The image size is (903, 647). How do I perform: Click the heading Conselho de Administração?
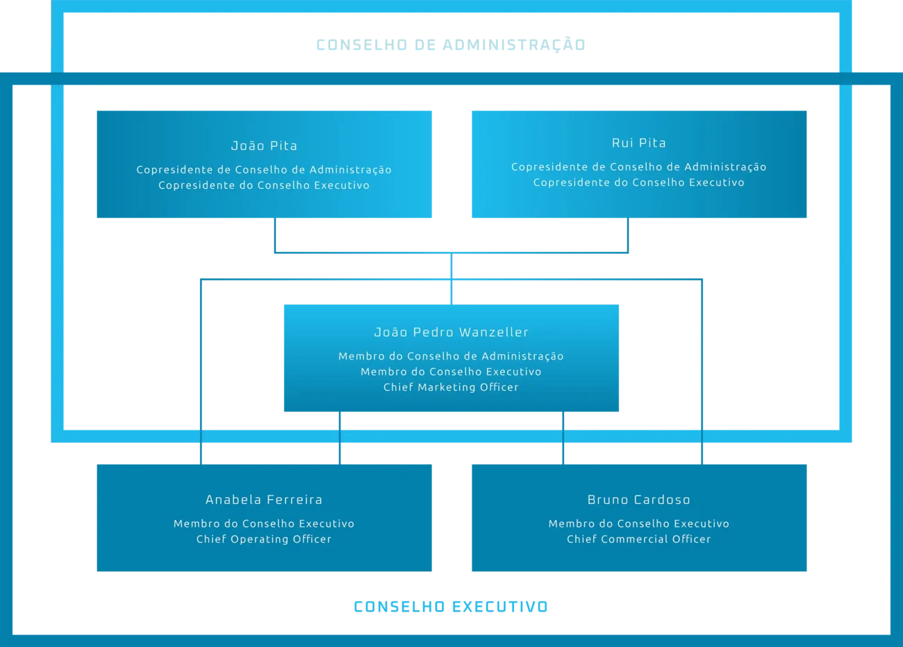[x=451, y=44]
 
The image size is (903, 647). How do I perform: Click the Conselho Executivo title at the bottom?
[x=451, y=606]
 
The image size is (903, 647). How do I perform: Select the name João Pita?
[x=264, y=145]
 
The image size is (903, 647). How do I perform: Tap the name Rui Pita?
[x=639, y=142]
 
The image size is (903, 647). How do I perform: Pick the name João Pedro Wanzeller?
[x=451, y=332]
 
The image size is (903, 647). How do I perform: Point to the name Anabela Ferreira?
[x=264, y=500]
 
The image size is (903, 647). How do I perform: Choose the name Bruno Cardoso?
[x=639, y=500]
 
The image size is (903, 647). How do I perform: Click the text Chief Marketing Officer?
[x=451, y=387]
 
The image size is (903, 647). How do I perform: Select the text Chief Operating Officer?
[x=264, y=539]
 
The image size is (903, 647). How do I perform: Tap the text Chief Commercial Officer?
[x=639, y=539]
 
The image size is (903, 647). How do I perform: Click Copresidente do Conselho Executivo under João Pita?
[x=264, y=185]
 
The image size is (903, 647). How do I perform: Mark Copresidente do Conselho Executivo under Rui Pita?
[x=639, y=183]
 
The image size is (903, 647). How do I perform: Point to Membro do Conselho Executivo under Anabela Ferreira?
[x=264, y=523]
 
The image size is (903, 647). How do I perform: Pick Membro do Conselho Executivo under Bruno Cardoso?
[x=639, y=523]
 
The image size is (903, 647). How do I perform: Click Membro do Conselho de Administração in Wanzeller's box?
[x=451, y=356]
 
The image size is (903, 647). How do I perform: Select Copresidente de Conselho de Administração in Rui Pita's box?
[x=639, y=167]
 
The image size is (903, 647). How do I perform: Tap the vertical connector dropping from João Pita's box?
[x=275, y=235]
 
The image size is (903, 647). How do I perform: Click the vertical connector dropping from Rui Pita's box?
[x=628, y=235]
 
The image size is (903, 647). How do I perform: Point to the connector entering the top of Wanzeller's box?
[x=451, y=279]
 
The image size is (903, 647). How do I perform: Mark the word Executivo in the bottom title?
[x=500, y=606]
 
